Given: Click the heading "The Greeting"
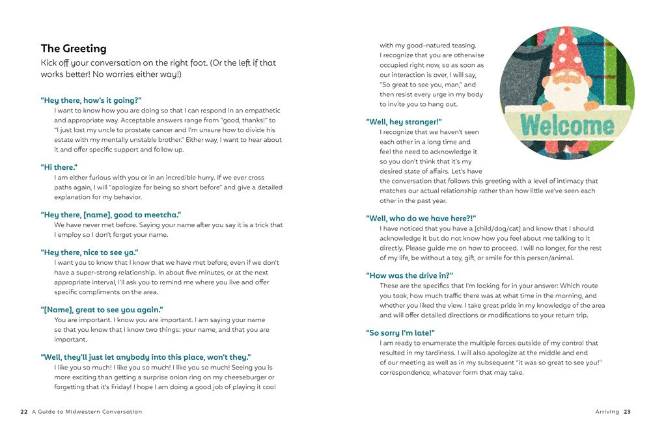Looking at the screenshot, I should click(74, 49).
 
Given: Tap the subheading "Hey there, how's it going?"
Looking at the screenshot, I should click(91, 100).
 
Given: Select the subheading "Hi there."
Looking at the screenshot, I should click(59, 167).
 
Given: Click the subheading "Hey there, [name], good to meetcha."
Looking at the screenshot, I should click(111, 215).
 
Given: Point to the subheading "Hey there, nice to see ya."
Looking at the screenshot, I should click(90, 252).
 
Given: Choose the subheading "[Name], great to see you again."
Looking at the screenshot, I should click(102, 310).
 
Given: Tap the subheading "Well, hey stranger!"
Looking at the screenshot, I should click(404, 122).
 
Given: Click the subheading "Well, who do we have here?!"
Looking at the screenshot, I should click(421, 219).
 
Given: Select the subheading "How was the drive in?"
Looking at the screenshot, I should click(409, 276).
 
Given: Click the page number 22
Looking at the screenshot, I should click(24, 412).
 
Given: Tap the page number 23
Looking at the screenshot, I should click(627, 412).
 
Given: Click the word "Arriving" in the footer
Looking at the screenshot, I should click(607, 412).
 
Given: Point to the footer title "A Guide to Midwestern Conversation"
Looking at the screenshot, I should click(87, 412).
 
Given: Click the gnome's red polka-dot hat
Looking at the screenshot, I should click(567, 49).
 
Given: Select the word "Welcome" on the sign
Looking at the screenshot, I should click(567, 124).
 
